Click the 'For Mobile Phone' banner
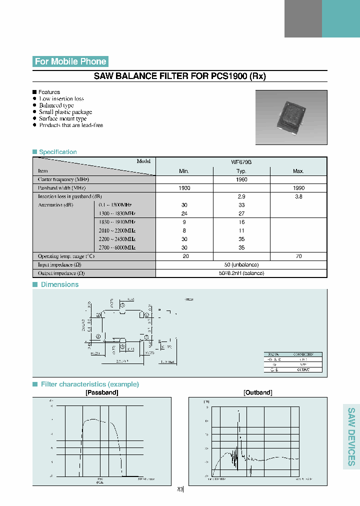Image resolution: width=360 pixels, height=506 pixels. (x=70, y=61)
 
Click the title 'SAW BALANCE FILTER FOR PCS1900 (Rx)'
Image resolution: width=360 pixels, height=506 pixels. (x=180, y=76)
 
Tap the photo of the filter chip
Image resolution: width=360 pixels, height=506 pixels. (x=291, y=117)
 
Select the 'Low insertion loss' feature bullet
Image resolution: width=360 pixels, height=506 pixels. (x=61, y=99)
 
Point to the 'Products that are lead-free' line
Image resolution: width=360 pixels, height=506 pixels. (x=71, y=125)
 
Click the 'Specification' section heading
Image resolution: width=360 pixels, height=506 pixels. (x=57, y=152)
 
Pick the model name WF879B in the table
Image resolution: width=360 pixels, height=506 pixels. (x=241, y=162)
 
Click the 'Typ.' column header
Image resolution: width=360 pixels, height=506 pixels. (x=241, y=171)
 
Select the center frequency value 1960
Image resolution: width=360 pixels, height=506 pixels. (x=241, y=179)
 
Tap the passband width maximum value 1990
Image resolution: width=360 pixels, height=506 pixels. (x=298, y=188)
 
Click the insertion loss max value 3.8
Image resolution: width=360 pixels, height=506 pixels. (x=298, y=197)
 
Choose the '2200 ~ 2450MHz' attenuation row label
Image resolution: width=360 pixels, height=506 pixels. (x=117, y=239)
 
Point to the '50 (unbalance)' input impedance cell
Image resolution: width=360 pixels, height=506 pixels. (x=241, y=264)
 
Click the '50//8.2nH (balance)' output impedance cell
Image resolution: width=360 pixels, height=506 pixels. (x=241, y=273)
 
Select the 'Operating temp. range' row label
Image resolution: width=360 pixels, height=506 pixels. (x=66, y=256)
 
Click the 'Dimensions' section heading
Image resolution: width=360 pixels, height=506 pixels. (x=59, y=284)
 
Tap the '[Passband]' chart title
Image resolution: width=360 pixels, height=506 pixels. (x=102, y=393)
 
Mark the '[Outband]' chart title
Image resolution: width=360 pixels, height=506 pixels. (x=258, y=393)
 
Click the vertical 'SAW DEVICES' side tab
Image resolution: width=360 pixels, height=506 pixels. (x=351, y=436)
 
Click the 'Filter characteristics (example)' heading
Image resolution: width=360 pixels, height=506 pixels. (x=89, y=384)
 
